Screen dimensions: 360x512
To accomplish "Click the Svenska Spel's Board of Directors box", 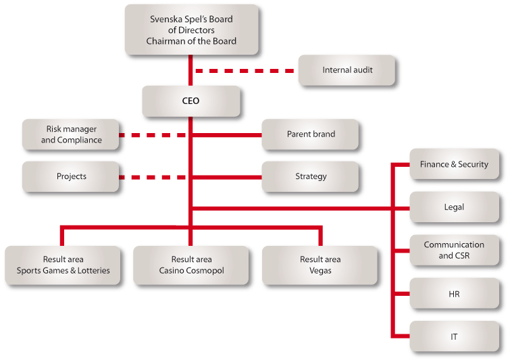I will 192,30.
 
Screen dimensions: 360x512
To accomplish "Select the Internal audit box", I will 347,70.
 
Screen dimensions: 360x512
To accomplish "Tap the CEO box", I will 191,101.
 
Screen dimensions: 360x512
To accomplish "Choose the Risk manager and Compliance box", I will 71,134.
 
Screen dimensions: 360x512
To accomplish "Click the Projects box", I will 71,177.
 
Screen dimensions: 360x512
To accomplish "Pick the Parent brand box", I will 311,134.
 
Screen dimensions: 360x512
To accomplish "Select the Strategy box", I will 311,177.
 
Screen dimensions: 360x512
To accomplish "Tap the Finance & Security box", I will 454,164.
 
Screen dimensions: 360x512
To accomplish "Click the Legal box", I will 454,207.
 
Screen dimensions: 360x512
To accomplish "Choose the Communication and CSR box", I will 454,250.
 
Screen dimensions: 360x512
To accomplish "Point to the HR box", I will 454,293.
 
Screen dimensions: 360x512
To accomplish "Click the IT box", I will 454,336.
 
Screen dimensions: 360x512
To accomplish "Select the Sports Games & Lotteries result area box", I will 63,265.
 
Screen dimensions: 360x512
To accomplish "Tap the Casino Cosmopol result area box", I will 191,265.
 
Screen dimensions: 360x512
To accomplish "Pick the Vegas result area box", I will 320,265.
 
